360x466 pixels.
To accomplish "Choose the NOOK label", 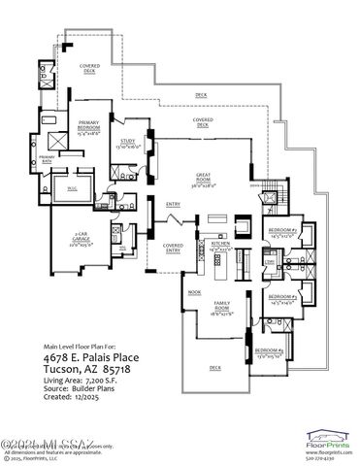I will coord(195,291).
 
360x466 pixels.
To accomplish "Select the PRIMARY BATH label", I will coord(46,157).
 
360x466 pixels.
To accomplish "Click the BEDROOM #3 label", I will coord(280,297).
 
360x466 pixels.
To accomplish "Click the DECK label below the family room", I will coord(214,367).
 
